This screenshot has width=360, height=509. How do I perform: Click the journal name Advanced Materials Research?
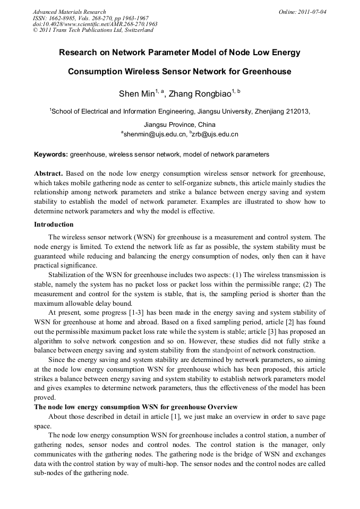(69, 12)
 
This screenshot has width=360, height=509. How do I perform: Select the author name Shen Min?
(136, 94)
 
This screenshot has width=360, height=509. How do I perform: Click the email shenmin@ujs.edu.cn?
(155, 134)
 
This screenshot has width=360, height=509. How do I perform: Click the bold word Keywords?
(51, 154)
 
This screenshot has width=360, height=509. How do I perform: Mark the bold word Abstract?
(48, 174)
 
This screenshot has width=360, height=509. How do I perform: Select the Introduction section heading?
(54, 225)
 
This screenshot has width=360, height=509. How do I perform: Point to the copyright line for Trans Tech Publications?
(93, 30)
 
